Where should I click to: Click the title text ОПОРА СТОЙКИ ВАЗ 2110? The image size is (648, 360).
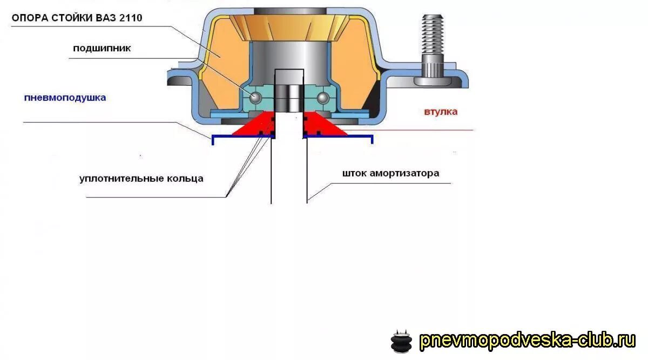77,18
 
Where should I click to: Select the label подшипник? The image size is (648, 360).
102,49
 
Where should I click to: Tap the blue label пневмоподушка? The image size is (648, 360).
65,98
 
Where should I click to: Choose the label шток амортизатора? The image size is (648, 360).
390,174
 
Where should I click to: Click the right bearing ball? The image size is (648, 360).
323,98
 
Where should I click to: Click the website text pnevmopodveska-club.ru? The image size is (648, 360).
528,341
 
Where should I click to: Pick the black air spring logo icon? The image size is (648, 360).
401,341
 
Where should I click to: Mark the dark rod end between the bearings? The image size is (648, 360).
289,97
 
